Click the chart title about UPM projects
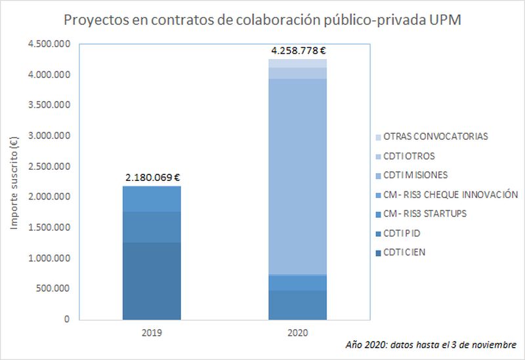(x=262, y=20)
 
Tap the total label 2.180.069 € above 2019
(x=152, y=177)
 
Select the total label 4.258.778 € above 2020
(x=299, y=49)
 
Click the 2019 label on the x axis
(x=152, y=332)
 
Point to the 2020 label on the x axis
(x=298, y=332)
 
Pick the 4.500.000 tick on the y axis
(x=49, y=44)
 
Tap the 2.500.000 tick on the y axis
(x=49, y=167)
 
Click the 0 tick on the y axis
(x=66, y=319)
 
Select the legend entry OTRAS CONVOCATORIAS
(x=445, y=136)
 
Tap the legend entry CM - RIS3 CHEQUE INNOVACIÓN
(x=450, y=194)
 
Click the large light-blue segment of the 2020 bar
(x=298, y=177)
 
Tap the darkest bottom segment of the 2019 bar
(x=152, y=281)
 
